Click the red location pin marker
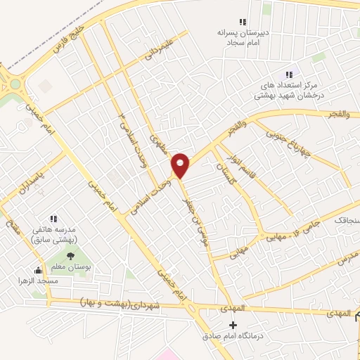tap(181, 165)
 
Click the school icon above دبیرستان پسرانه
tap(243, 22)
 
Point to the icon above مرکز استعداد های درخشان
tap(288, 75)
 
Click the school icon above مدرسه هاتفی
tap(54, 219)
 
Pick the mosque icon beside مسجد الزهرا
tap(38, 271)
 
